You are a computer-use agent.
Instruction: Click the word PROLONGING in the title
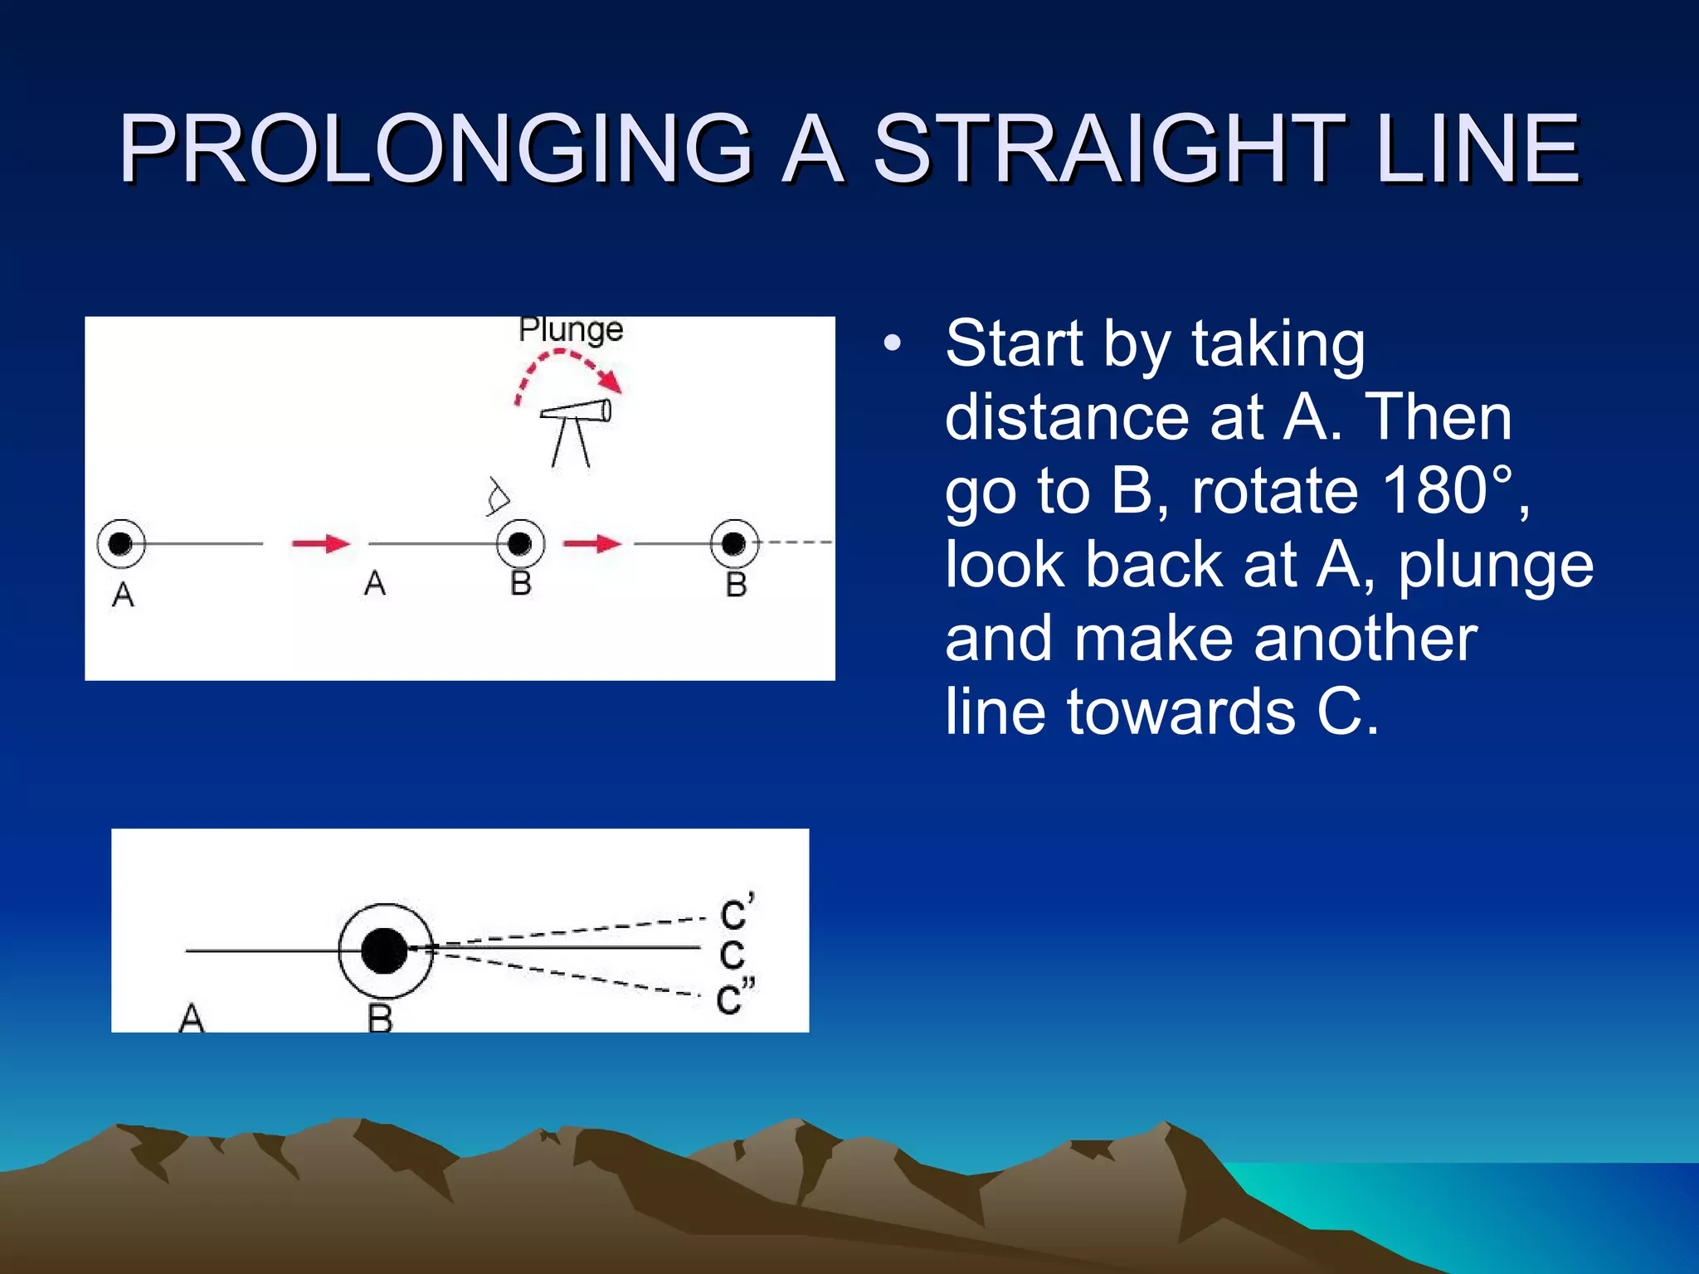point(435,149)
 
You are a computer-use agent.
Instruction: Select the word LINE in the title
point(1477,149)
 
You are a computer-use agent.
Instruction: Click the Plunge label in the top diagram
point(571,330)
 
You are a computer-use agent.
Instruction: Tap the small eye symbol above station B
point(498,496)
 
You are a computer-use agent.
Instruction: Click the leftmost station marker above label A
point(121,543)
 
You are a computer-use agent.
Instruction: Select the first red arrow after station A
point(320,543)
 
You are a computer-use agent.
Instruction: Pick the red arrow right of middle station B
point(591,543)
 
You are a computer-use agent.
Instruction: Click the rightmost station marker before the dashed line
point(734,543)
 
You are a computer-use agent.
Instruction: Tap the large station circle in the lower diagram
point(385,951)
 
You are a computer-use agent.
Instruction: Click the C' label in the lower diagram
point(737,912)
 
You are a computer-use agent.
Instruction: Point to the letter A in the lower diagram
point(191,1017)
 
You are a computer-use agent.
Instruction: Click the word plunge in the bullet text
point(1496,566)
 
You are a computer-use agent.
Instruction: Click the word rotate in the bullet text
point(1276,490)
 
